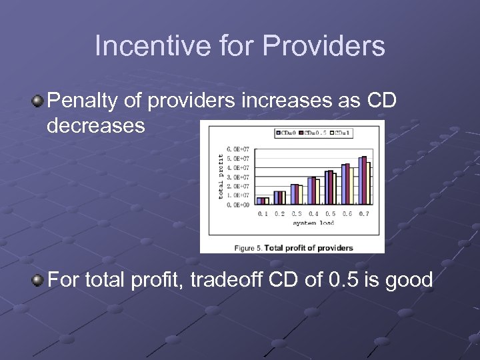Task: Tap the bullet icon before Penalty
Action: [x=38, y=101]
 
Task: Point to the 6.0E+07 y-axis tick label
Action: [x=238, y=149]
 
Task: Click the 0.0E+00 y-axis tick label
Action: [x=238, y=205]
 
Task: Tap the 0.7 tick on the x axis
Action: [x=363, y=214]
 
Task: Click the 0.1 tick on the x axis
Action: [x=263, y=214]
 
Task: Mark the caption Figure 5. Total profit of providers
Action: [x=293, y=247]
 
